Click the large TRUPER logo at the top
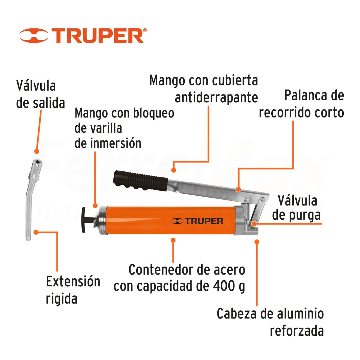pyautogui.click(x=83, y=36)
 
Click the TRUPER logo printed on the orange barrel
pyautogui.click(x=197, y=221)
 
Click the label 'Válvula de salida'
pyautogui.click(x=40, y=94)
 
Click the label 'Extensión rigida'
pyautogui.click(x=73, y=290)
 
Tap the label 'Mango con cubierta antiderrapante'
pyautogui.click(x=204, y=89)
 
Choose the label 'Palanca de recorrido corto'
pyautogui.click(x=301, y=104)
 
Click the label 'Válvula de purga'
pyautogui.click(x=296, y=208)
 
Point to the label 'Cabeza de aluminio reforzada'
pyautogui.click(x=270, y=322)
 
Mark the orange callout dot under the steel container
pyautogui.click(x=173, y=240)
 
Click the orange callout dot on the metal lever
pyautogui.click(x=239, y=189)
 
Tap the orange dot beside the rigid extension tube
pyautogui.click(x=36, y=232)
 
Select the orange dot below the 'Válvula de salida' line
pyautogui.click(x=37, y=151)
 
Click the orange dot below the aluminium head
pyautogui.click(x=257, y=242)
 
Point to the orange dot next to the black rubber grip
pyautogui.click(x=174, y=170)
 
